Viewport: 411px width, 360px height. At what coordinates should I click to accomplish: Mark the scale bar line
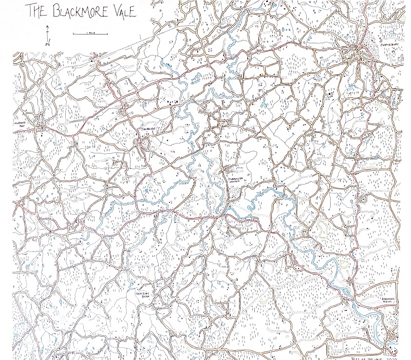coord(83,34)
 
